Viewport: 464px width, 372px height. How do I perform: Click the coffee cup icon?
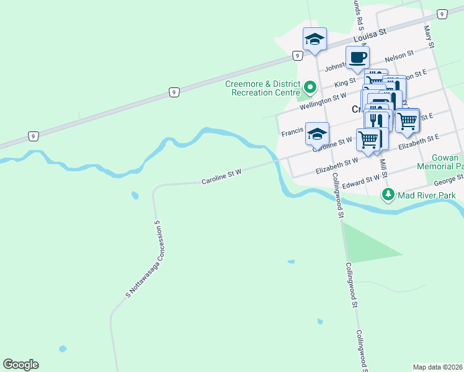(x=357, y=58)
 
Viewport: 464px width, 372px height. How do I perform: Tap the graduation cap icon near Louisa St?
(x=315, y=40)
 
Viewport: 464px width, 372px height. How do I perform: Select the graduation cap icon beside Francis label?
(x=317, y=134)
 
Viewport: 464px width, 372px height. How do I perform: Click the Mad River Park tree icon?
(x=388, y=195)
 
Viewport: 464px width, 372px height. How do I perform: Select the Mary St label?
(x=428, y=35)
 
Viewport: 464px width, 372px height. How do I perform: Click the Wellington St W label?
(x=322, y=100)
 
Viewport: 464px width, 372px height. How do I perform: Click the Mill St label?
(x=383, y=166)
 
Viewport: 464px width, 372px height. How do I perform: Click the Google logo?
(x=20, y=365)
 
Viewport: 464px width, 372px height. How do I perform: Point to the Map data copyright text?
(x=437, y=367)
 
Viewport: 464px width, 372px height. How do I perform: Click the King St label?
(x=345, y=81)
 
